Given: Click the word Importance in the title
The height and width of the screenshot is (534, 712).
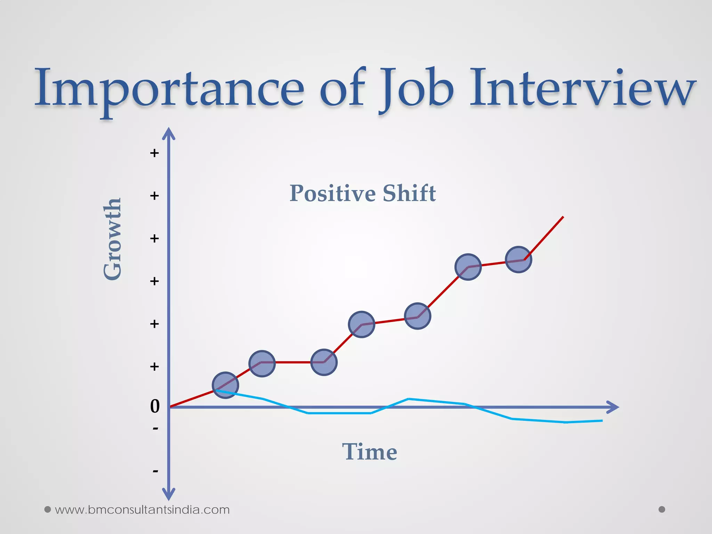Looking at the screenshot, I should (x=169, y=89).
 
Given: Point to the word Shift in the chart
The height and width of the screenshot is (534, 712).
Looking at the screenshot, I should (x=409, y=193).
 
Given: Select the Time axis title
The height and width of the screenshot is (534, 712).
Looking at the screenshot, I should (x=370, y=452).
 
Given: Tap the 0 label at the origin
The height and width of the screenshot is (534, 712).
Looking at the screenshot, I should (x=155, y=406).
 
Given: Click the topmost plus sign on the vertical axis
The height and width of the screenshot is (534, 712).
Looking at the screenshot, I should (x=154, y=153).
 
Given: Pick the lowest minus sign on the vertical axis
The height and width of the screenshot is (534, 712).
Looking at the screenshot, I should (x=155, y=471).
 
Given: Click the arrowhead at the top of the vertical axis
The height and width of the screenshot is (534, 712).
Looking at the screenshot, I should (x=169, y=133).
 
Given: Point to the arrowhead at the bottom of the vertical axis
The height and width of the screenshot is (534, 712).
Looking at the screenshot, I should (x=169, y=494).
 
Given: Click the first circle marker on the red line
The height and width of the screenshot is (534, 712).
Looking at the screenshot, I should (x=225, y=385).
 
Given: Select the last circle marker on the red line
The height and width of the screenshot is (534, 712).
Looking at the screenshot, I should (x=518, y=259).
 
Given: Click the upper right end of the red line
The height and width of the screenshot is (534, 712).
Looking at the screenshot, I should (x=563, y=217).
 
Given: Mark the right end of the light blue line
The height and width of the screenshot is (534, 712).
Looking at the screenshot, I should (x=601, y=421).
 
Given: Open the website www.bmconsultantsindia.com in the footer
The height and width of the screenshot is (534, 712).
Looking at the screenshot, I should (x=142, y=510).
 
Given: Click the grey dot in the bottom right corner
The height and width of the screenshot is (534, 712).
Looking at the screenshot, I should (x=662, y=509).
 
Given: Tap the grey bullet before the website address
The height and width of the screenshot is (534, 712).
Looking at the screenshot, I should (x=48, y=510).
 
